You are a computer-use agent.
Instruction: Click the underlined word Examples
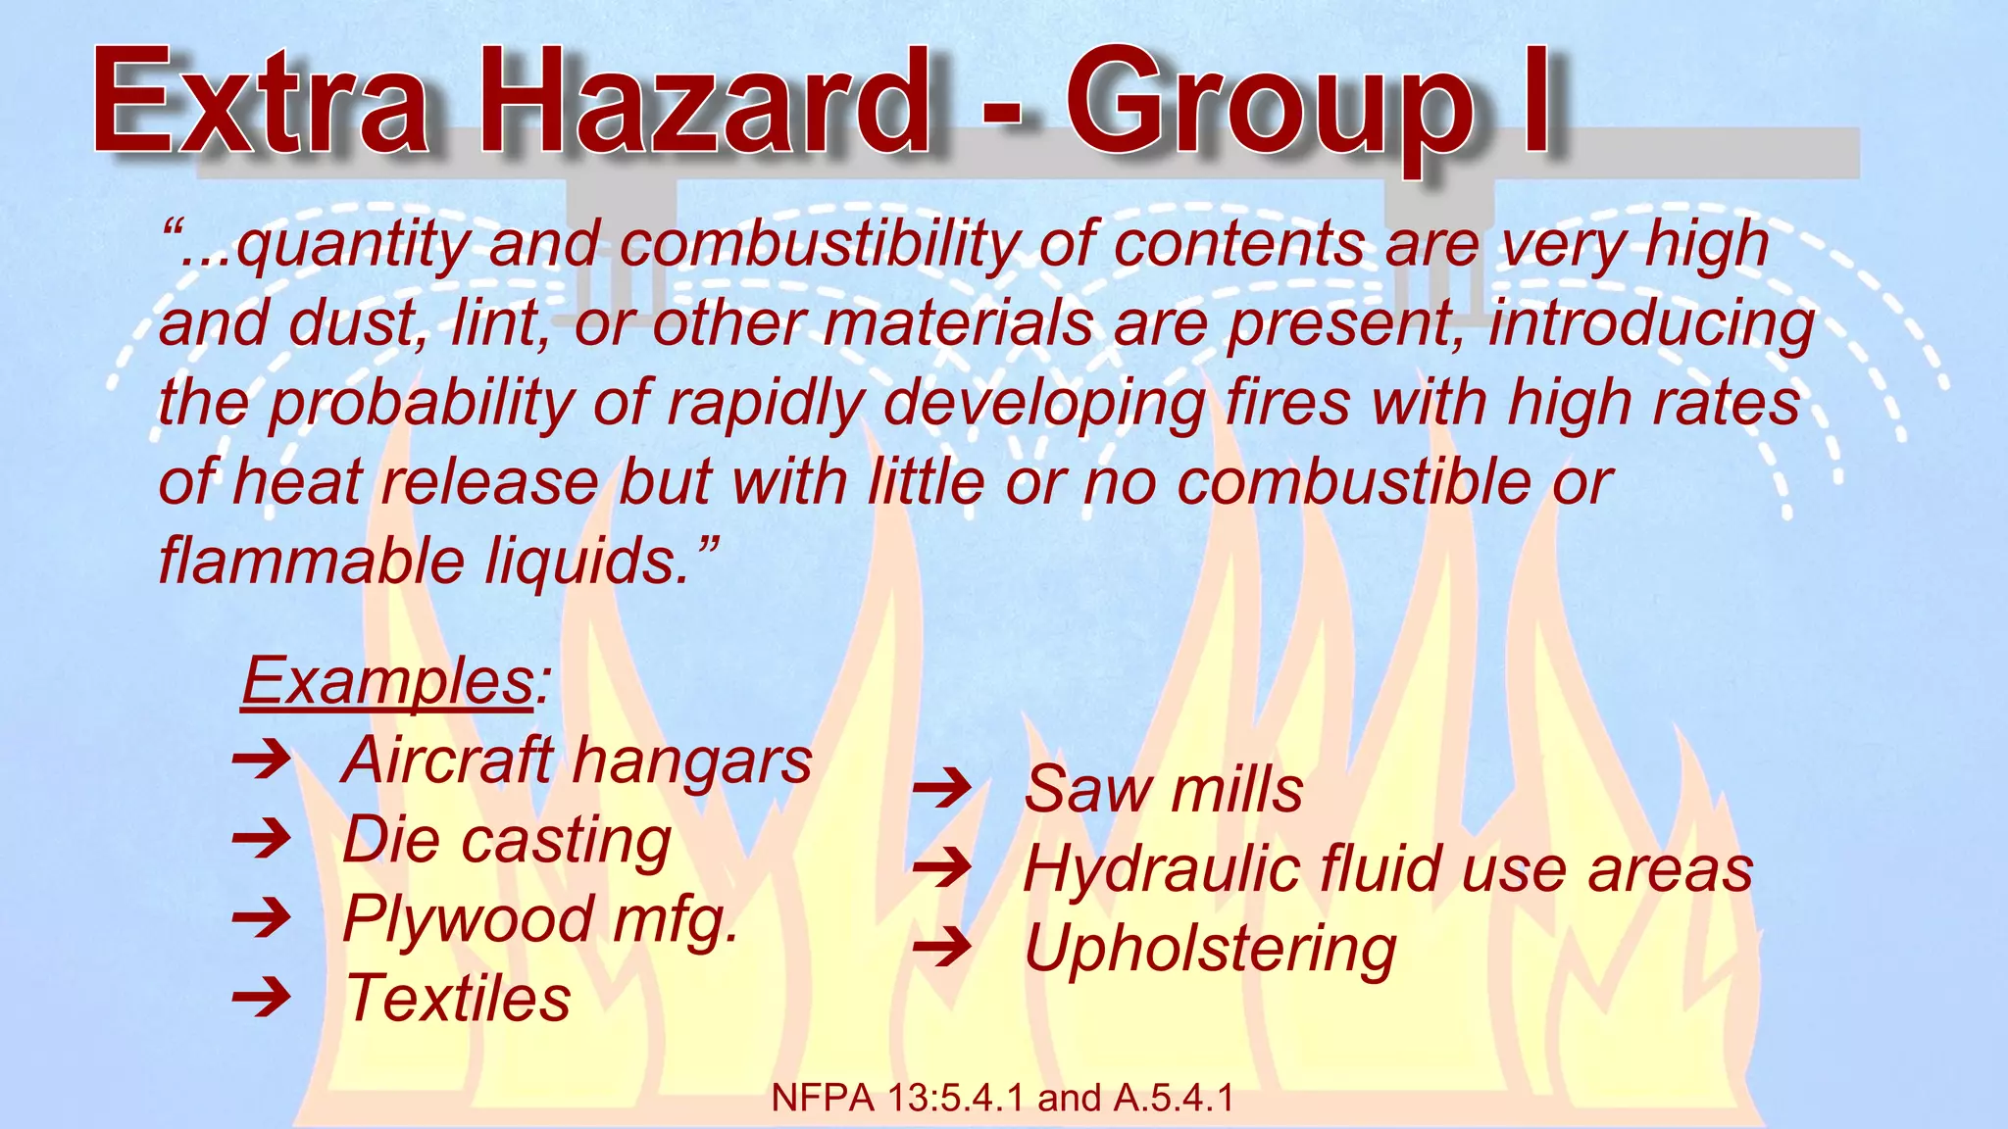click(387, 680)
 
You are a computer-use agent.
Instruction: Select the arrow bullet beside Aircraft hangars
click(261, 760)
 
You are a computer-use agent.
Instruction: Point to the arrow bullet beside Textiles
click(261, 998)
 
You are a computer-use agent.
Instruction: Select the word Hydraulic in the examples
click(1162, 870)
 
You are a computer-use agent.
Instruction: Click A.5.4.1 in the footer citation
click(1173, 1099)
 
